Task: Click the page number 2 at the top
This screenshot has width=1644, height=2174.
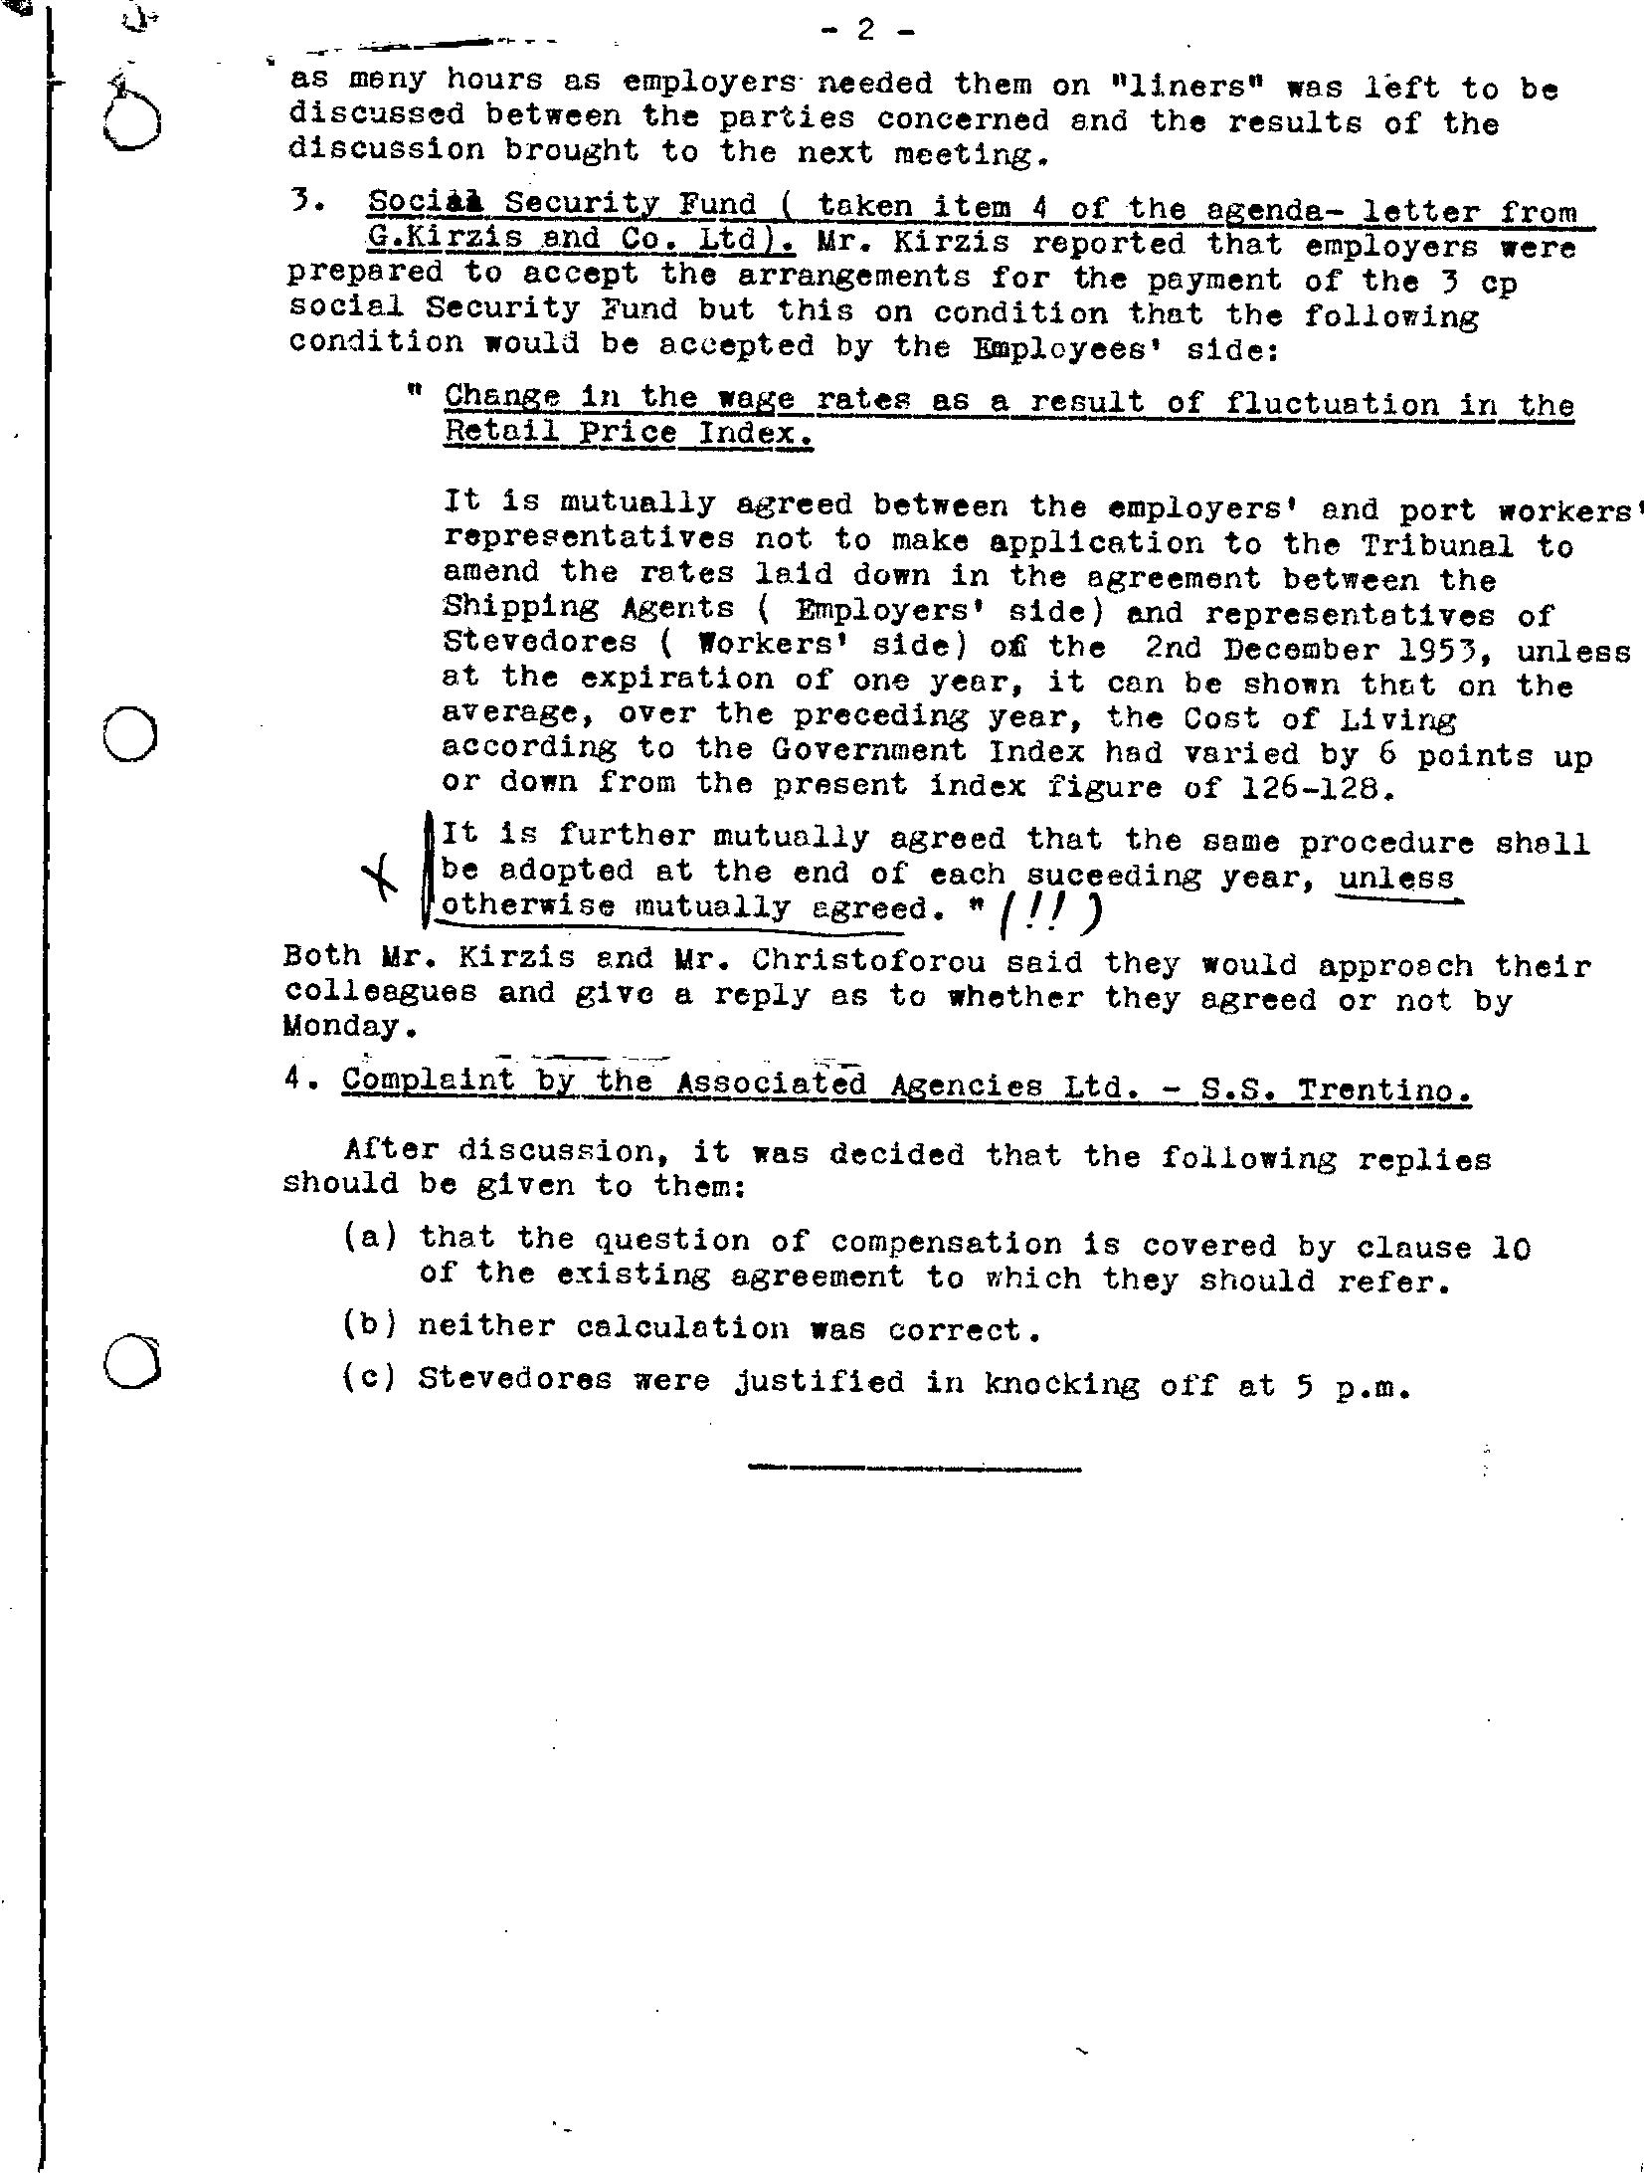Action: coord(864,31)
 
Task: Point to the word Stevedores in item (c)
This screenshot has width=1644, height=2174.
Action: coord(514,1380)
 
